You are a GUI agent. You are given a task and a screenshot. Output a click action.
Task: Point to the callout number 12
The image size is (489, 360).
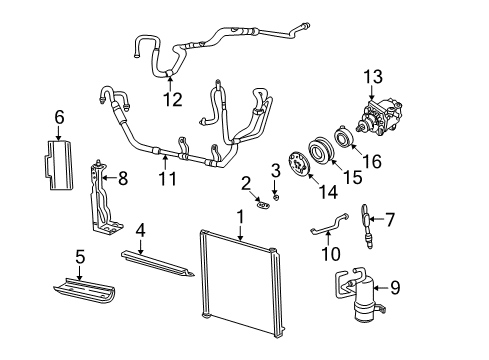173,98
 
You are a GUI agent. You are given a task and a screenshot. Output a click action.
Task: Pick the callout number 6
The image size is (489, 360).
59,118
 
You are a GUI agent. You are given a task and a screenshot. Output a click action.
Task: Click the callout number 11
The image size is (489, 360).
167,181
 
